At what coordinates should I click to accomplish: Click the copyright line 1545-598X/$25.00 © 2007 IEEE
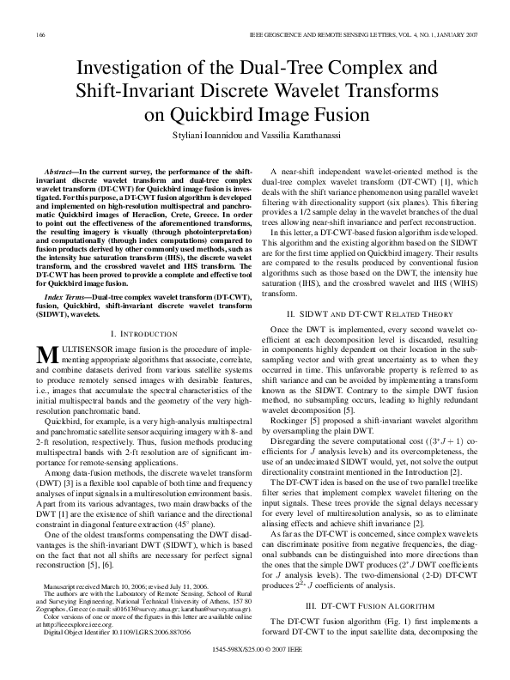[x=254, y=665]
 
